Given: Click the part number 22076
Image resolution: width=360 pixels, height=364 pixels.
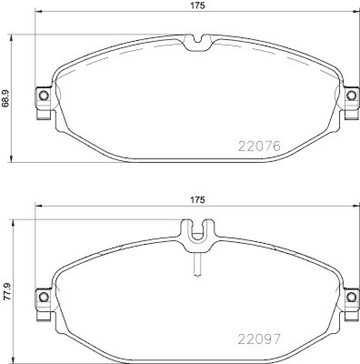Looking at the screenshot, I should point(260,146).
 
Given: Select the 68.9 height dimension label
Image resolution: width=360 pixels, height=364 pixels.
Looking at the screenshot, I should point(5,98).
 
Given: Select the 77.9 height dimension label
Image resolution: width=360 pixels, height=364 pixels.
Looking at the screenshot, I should point(6,292).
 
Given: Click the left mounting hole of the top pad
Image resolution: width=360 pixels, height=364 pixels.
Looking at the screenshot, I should point(44,96).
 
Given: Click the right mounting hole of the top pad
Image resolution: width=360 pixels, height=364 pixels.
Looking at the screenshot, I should point(350,96).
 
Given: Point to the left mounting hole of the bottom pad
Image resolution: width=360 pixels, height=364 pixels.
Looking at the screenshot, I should point(44,297).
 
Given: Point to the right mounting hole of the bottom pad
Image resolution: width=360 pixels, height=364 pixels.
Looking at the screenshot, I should point(350,297).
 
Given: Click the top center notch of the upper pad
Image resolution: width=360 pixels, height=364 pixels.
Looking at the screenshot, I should point(198,41).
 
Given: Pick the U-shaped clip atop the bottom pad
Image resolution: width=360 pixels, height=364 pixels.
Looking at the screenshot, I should point(198,232).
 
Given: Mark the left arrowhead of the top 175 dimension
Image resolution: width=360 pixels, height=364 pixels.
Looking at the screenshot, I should point(38,11).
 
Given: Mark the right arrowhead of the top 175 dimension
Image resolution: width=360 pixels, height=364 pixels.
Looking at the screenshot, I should point(357,11).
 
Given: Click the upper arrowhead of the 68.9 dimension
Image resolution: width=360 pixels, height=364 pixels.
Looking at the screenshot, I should point(11,37).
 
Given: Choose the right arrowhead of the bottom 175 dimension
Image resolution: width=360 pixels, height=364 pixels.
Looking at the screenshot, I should point(357,206).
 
